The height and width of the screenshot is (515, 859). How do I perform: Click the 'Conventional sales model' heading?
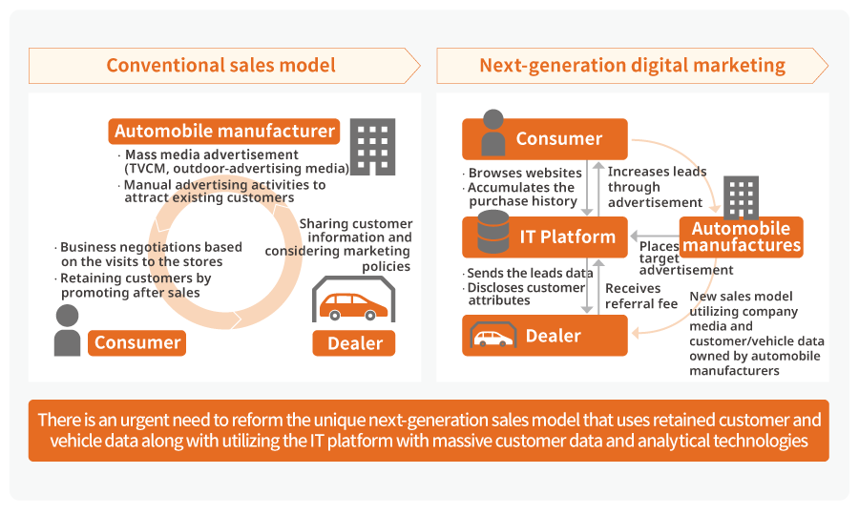tap(220, 66)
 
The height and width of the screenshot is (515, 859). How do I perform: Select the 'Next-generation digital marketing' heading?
tap(632, 66)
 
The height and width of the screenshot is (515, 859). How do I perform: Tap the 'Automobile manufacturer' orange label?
tap(224, 132)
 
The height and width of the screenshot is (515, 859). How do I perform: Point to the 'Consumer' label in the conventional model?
tap(137, 342)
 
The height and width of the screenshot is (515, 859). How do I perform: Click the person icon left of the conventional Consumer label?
tap(67, 331)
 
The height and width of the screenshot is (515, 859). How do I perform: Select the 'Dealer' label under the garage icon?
tap(355, 342)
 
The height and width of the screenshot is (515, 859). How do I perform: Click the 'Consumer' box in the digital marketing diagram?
tap(545, 139)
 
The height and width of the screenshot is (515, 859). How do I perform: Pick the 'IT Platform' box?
tap(545, 236)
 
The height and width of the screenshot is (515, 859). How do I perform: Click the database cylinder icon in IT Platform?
tap(492, 235)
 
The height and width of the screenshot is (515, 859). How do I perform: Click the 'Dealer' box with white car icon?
tap(545, 336)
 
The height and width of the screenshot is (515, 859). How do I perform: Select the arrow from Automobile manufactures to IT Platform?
tap(653, 237)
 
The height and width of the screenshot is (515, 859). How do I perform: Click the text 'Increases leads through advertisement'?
tap(657, 187)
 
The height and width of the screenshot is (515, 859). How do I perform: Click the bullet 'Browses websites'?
tap(524, 173)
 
